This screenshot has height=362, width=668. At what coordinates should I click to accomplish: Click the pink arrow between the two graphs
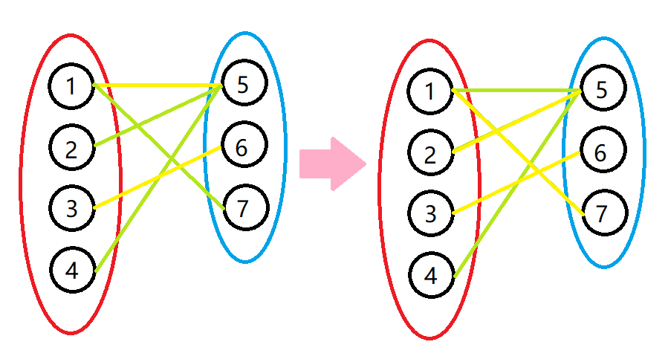click(x=331, y=164)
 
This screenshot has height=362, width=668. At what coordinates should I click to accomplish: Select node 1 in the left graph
click(x=71, y=86)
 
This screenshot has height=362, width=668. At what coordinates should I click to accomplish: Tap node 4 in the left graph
click(x=71, y=270)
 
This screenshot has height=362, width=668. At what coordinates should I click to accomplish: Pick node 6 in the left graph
click(x=241, y=148)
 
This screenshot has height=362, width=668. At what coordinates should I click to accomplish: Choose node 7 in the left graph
click(x=241, y=209)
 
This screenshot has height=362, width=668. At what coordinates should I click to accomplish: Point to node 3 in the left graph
click(x=71, y=208)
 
